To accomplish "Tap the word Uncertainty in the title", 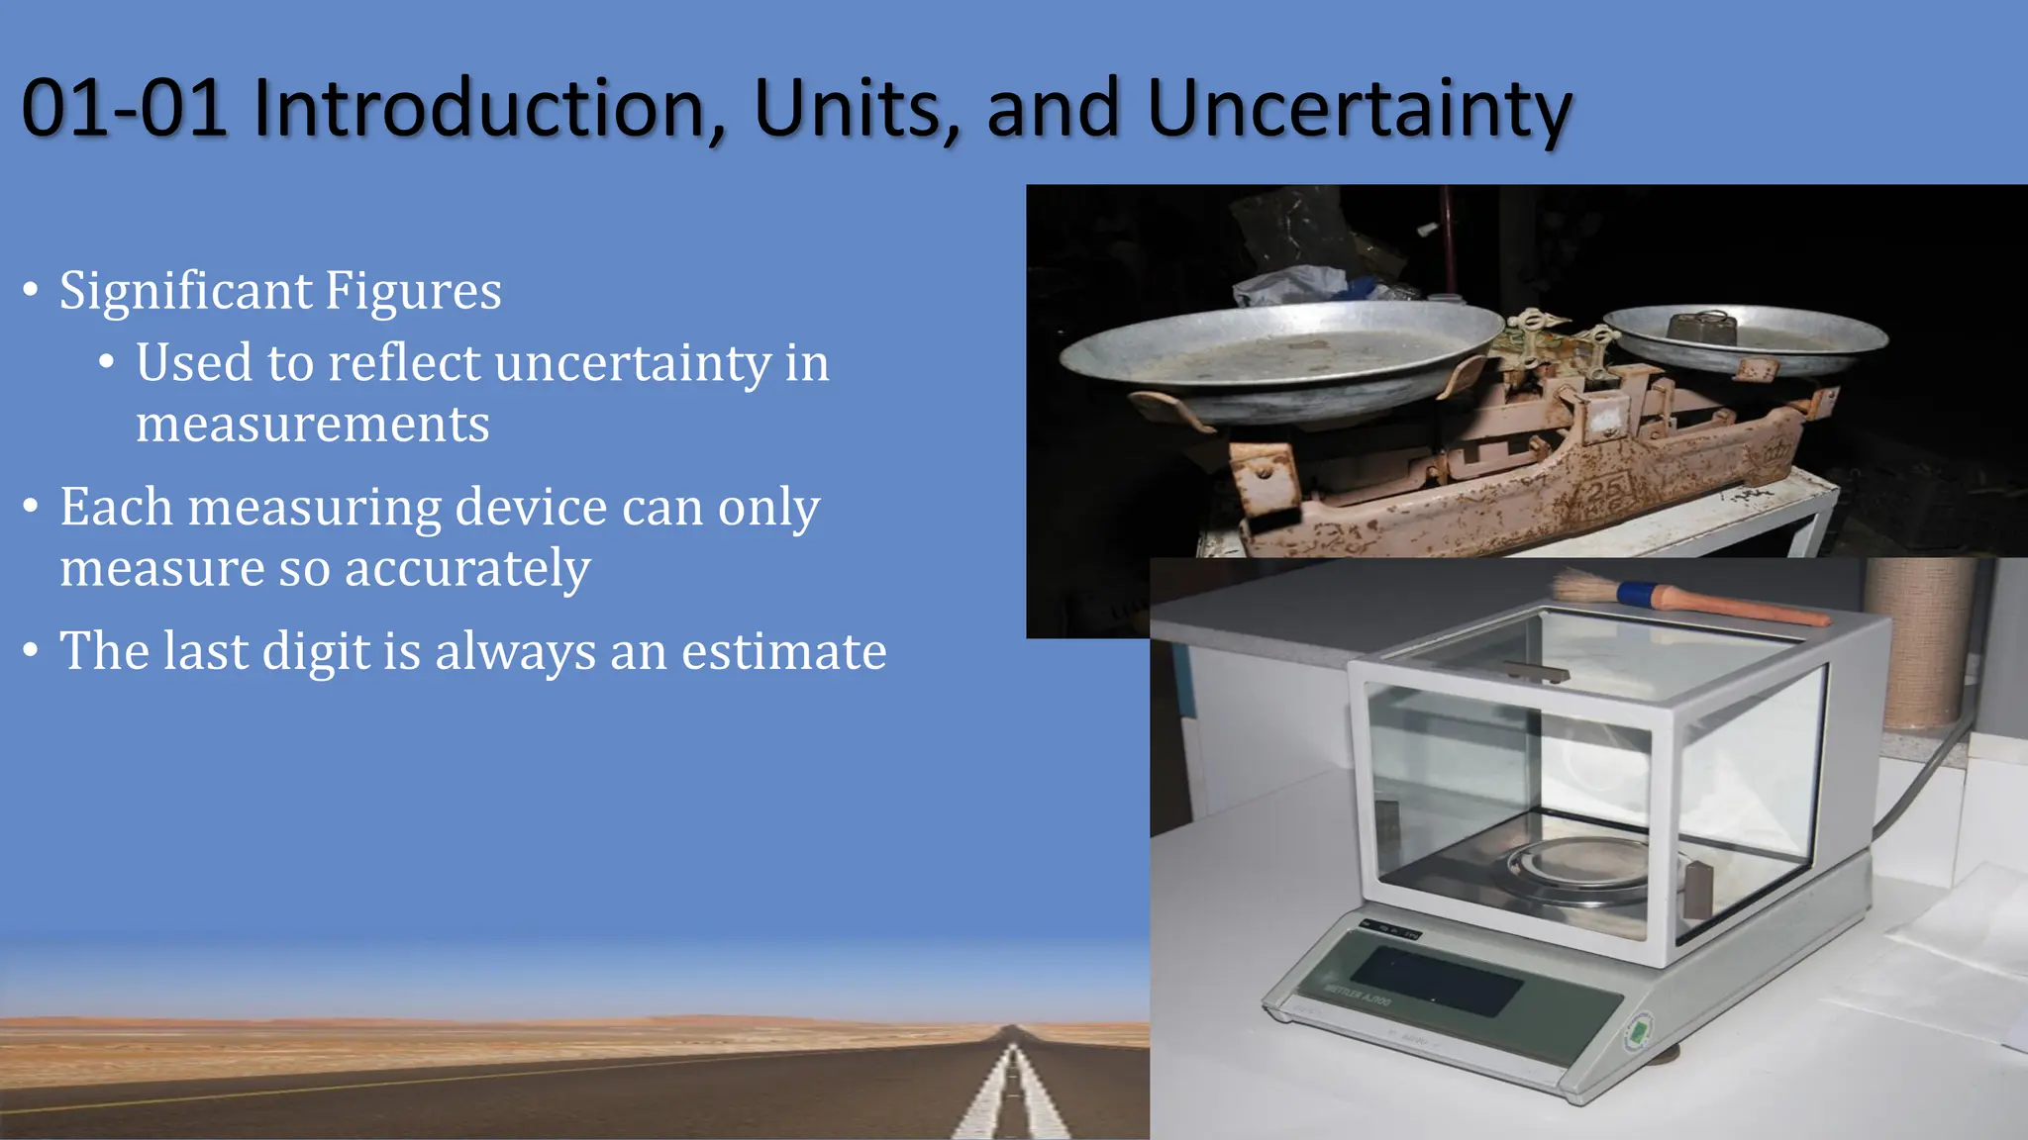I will (1359, 109).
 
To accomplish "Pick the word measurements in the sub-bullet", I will (313, 425).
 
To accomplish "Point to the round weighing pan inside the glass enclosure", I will (1584, 866).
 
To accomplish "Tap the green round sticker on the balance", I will (1639, 1032).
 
